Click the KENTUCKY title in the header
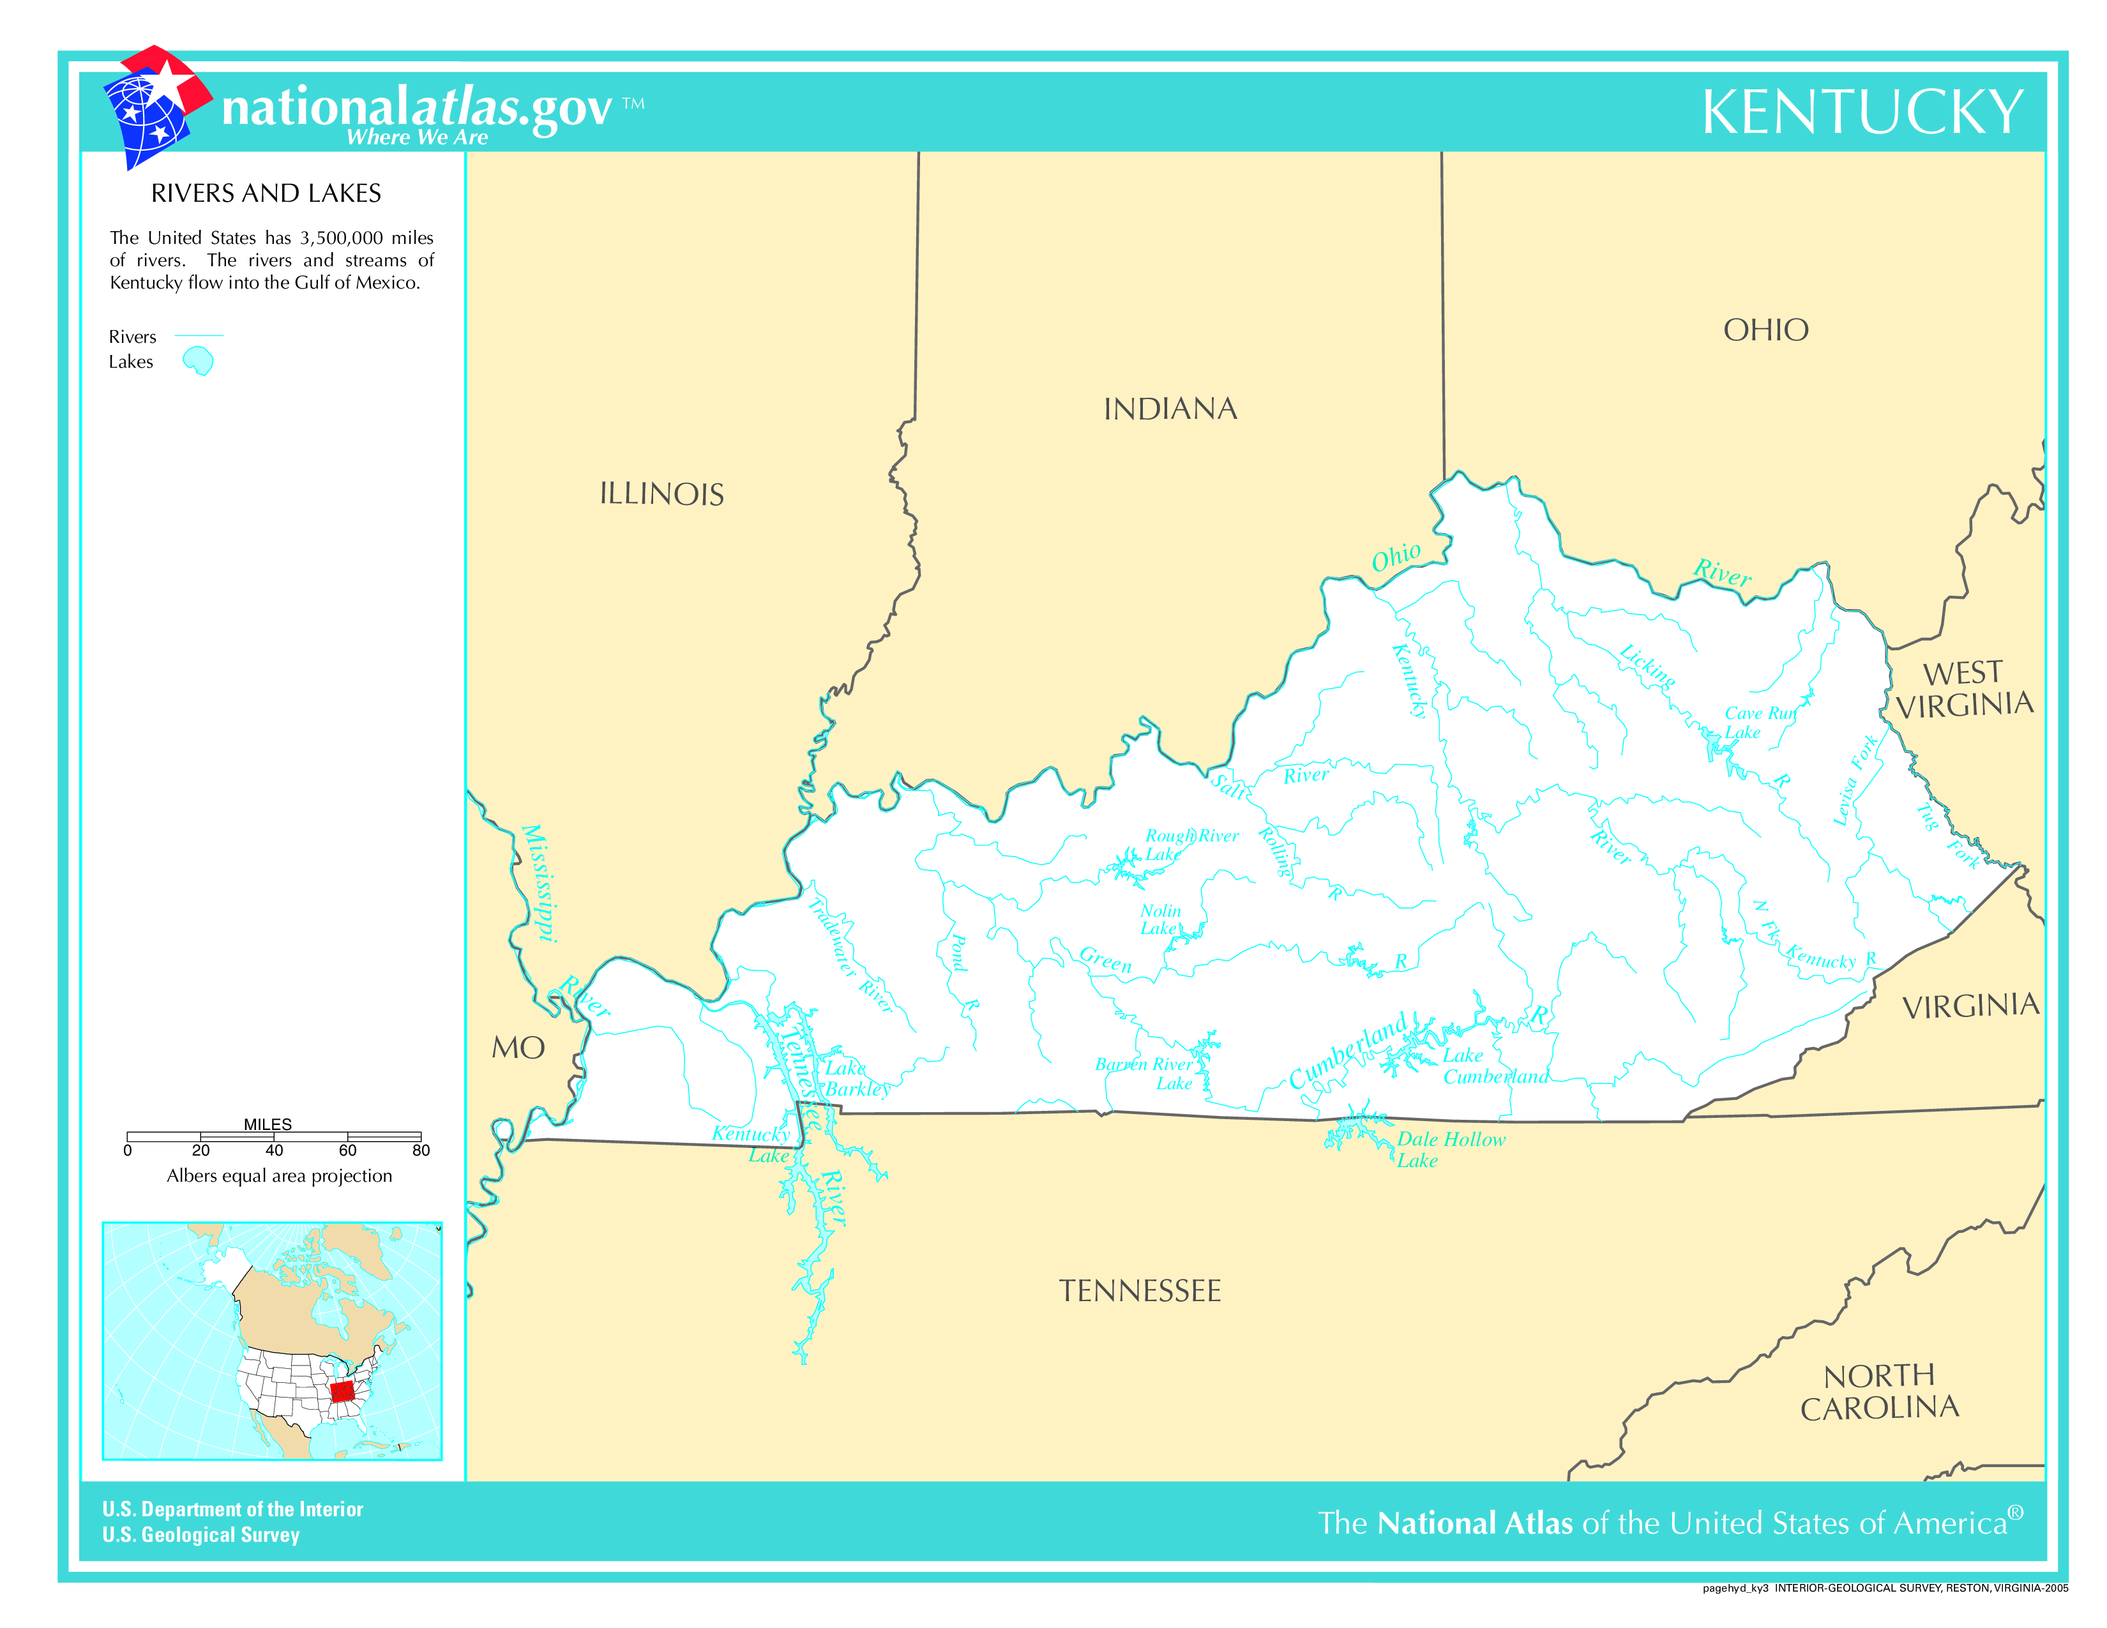pos(1861,113)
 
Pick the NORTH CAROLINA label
pos(1878,1392)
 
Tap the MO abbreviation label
pos(518,1048)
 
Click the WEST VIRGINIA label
pos(1963,689)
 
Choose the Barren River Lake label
pos(1147,1073)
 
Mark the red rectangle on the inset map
pos(342,1391)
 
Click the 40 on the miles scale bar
pos(274,1150)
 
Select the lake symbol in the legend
pos(199,361)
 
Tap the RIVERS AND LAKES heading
pos(266,193)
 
